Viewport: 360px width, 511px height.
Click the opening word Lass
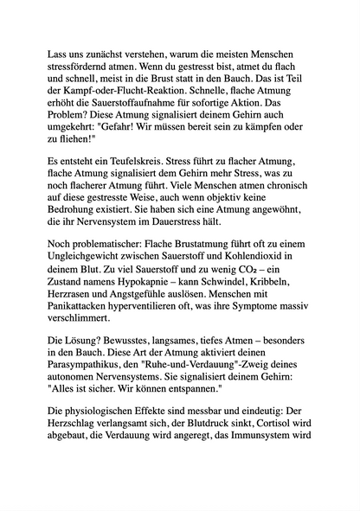[x=57, y=54]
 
